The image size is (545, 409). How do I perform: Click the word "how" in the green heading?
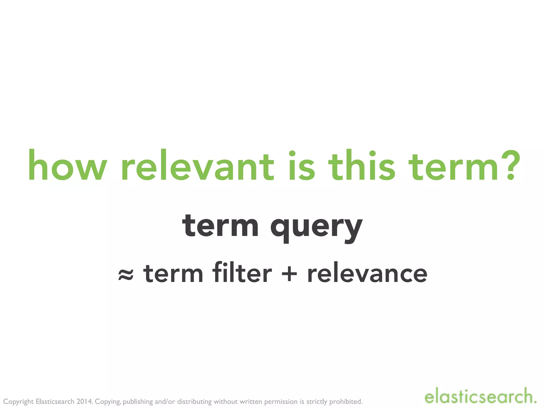68,166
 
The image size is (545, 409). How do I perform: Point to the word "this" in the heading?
362,166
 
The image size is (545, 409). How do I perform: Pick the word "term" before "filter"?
173,273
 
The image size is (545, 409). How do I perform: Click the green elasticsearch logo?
480,397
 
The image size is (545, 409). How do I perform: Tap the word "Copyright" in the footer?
18,402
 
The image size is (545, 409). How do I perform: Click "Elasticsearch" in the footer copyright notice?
55,401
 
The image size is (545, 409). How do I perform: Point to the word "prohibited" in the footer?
346,401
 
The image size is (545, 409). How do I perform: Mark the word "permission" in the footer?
281,402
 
